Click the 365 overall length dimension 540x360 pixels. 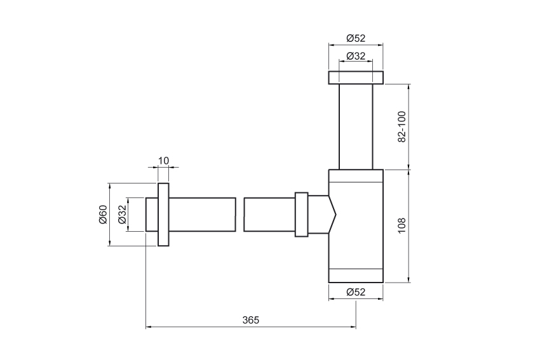[251, 320]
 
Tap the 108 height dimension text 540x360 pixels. [402, 226]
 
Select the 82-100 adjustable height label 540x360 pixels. [402, 126]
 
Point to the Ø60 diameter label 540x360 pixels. [104, 215]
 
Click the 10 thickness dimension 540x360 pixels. [163, 161]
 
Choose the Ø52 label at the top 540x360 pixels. [356, 38]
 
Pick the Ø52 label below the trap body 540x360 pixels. [356, 292]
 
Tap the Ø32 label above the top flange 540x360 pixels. [356, 56]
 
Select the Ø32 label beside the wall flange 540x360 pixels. [122, 215]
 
